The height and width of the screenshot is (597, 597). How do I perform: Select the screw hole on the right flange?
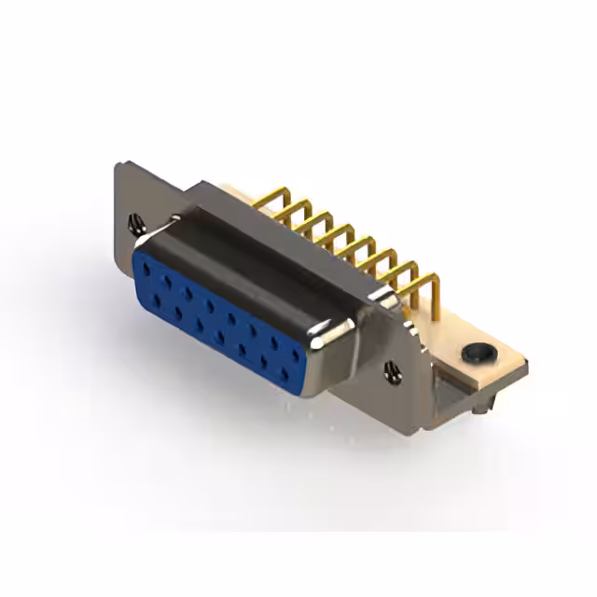coord(392,371)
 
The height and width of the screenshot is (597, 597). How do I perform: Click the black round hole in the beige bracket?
coord(476,354)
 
